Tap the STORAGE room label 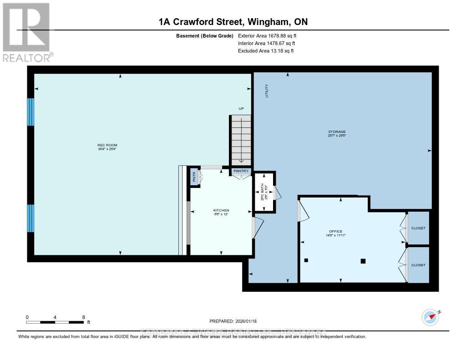[x=337, y=132]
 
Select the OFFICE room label [x=336, y=231]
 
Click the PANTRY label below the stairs [x=241, y=171]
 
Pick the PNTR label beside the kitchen [x=194, y=177]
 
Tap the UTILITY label [x=267, y=91]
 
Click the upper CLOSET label [x=418, y=228]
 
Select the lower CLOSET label [x=418, y=265]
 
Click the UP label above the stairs [x=241, y=108]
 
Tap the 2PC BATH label [x=262, y=192]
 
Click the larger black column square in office [x=363, y=261]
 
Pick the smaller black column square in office [x=306, y=260]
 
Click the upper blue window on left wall [x=31, y=112]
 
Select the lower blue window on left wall [x=31, y=218]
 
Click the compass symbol [x=430, y=317]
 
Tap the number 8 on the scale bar [x=83, y=317]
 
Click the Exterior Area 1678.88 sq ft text [x=267, y=35]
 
